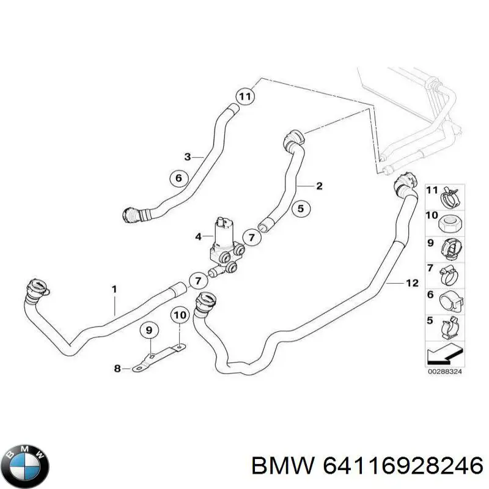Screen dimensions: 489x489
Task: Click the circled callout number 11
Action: [245, 97]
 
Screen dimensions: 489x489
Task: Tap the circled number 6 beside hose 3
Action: [179, 178]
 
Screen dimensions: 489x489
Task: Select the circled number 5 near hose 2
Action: [301, 208]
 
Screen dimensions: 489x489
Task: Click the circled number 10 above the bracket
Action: [180, 315]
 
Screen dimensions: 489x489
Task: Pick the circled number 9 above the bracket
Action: [149, 329]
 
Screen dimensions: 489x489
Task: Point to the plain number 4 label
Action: [198, 237]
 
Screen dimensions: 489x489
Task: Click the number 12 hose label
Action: [412, 283]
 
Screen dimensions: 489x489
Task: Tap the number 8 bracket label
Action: [117, 369]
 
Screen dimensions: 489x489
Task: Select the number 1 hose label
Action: [114, 289]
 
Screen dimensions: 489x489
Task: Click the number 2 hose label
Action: [319, 186]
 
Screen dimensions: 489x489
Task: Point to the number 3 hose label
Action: [187, 156]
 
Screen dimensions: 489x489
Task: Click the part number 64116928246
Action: [403, 468]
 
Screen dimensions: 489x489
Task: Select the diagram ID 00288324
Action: [445, 372]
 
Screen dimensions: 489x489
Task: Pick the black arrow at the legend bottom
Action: [445, 355]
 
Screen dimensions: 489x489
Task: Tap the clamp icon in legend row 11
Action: [450, 198]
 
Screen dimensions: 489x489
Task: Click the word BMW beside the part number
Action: [283, 468]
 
